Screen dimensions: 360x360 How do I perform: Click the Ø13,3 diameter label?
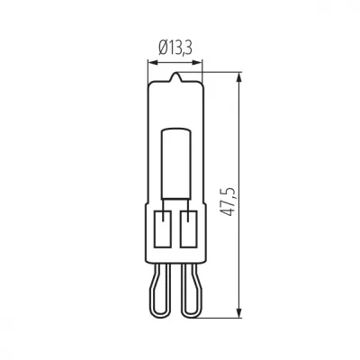175,48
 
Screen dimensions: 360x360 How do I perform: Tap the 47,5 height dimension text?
228,202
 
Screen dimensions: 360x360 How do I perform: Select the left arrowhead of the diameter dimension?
153,63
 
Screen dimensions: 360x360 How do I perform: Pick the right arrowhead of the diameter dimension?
198,63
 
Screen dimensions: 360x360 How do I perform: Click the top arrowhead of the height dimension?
239,76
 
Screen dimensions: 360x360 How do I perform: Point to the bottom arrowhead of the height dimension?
239,312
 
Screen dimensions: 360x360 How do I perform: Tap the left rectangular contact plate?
163,229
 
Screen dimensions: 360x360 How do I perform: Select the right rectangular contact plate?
188,229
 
